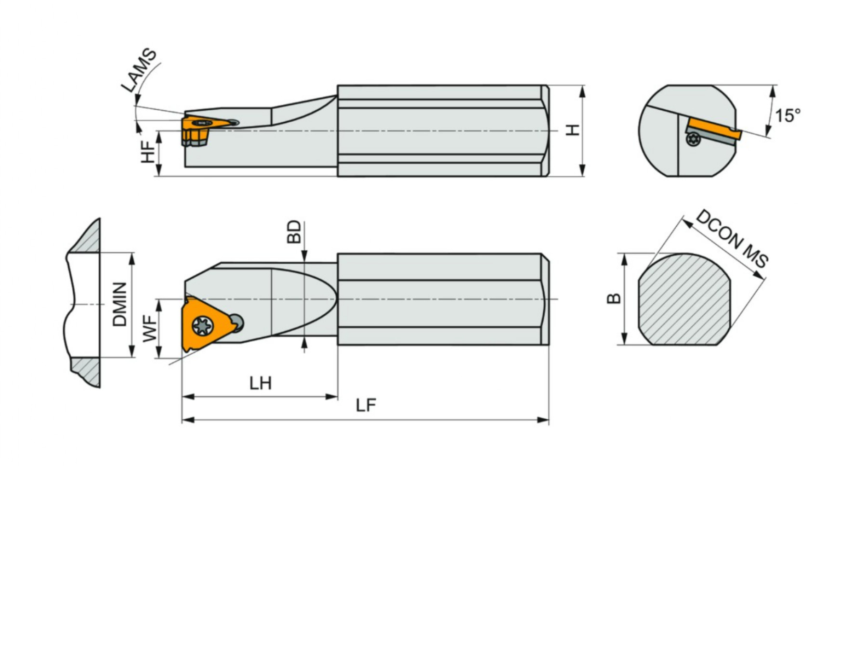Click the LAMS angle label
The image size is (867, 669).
click(139, 70)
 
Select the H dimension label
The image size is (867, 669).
click(572, 129)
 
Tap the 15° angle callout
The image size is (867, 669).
click(788, 116)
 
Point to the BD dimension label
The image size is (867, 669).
click(294, 232)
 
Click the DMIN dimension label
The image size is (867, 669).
click(119, 304)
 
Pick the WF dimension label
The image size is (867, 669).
click(150, 328)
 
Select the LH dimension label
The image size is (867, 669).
click(261, 383)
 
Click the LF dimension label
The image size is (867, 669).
click(366, 405)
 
